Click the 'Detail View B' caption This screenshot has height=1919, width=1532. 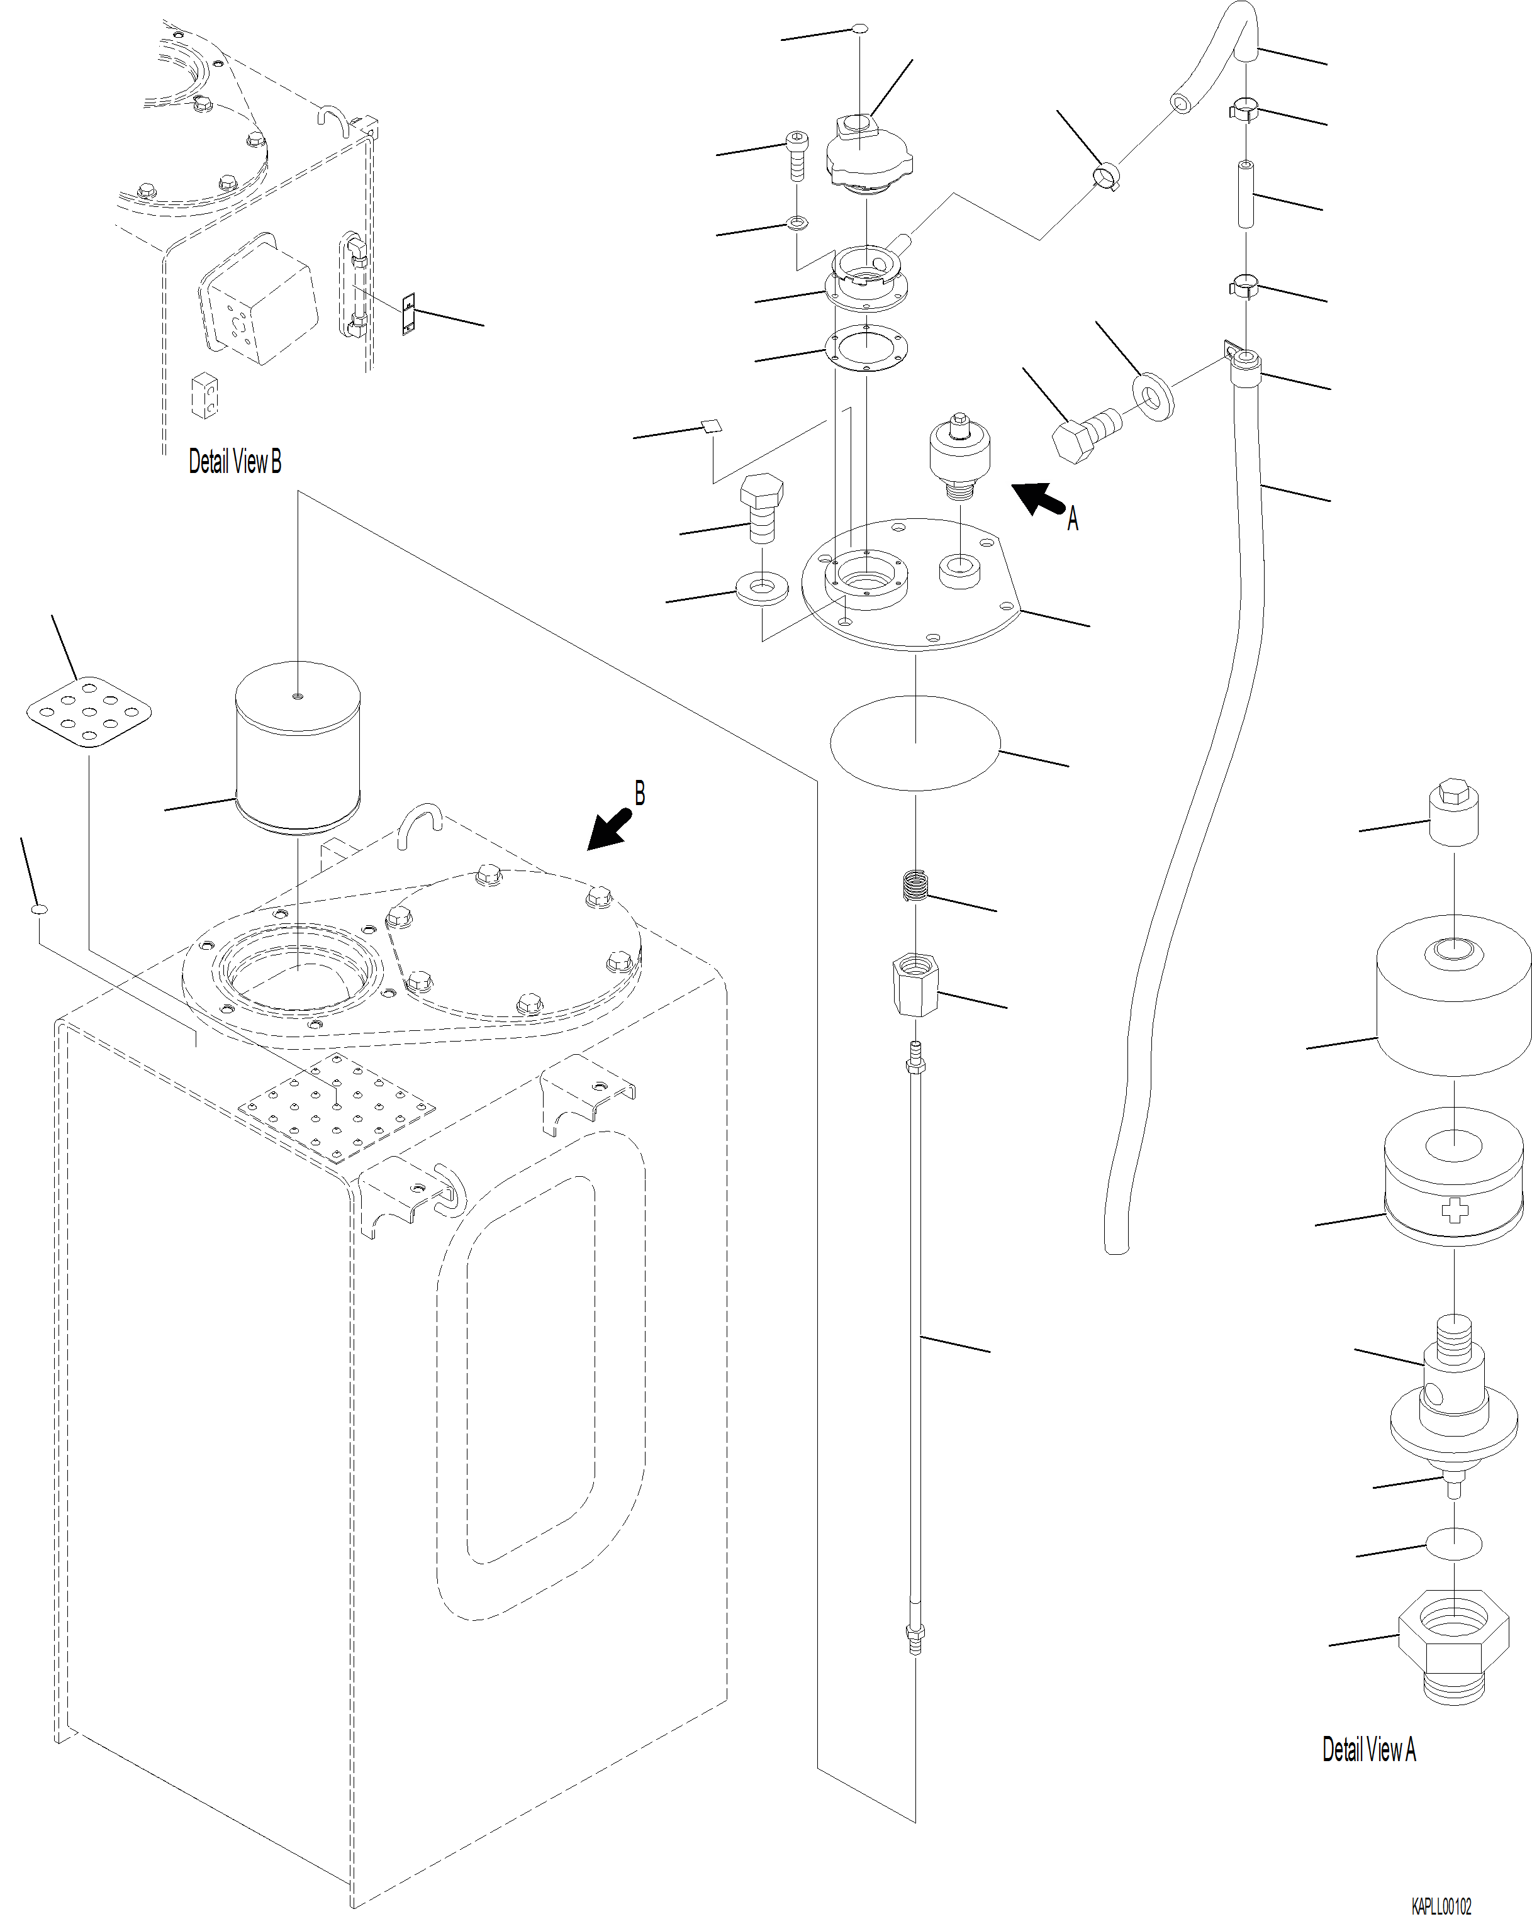tap(234, 462)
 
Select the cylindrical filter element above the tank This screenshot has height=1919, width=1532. tap(298, 750)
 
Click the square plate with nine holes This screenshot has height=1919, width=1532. tap(88, 712)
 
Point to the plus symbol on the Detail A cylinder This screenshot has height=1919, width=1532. tap(1453, 1211)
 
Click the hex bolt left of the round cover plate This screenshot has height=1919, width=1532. tap(762, 508)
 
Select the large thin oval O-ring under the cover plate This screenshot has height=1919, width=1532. tap(915, 742)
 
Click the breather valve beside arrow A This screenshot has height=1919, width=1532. tap(959, 453)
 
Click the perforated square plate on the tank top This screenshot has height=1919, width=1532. tap(337, 1107)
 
